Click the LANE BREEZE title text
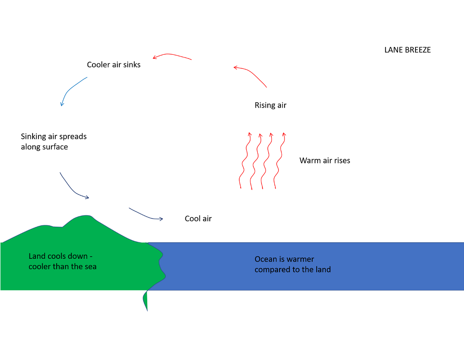click(x=407, y=50)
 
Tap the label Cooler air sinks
click(x=114, y=65)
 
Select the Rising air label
click(x=271, y=105)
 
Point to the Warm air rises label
click(x=325, y=161)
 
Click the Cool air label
click(x=198, y=219)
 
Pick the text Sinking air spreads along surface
click(x=53, y=142)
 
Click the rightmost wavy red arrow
click(x=280, y=161)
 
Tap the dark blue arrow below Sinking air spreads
click(x=72, y=187)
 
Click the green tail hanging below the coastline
click(x=145, y=300)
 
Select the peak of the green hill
click(x=83, y=217)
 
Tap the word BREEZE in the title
click(x=418, y=50)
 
